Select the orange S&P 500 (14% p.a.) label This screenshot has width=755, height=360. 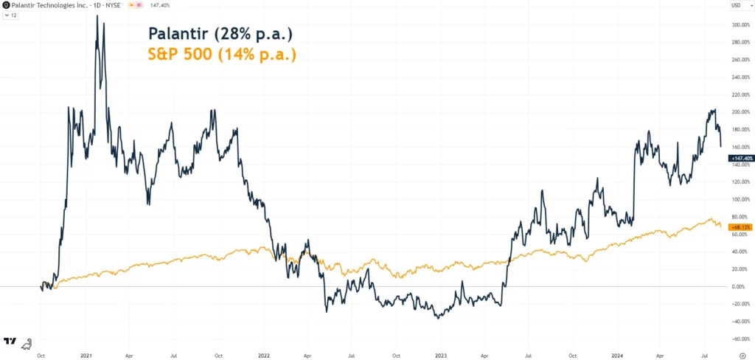click(x=222, y=54)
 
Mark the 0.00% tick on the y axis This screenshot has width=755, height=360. click(x=738, y=286)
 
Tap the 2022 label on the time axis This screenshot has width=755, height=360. click(x=263, y=353)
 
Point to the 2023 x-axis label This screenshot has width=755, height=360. click(x=441, y=353)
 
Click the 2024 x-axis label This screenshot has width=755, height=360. click(x=619, y=353)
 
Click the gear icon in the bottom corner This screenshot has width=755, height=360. click(x=742, y=353)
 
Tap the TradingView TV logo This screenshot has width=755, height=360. click(x=10, y=341)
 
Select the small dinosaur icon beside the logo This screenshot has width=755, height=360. click(x=26, y=342)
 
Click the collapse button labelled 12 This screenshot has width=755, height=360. click(x=10, y=15)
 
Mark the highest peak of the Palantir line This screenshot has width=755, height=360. click(x=97, y=15)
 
